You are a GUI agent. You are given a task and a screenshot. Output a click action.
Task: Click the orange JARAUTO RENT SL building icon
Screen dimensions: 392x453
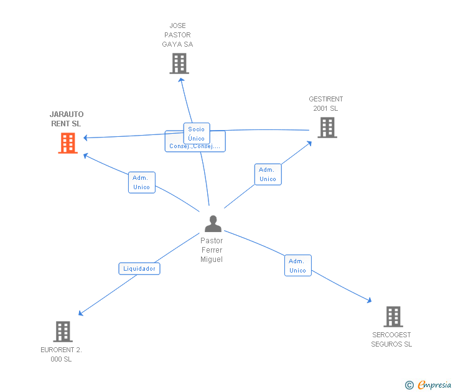pyautogui.click(x=68, y=142)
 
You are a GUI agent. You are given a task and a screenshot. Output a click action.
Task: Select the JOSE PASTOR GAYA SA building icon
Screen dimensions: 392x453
pyautogui.click(x=179, y=63)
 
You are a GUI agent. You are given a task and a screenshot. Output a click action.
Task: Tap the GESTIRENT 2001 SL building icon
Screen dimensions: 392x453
pyautogui.click(x=327, y=127)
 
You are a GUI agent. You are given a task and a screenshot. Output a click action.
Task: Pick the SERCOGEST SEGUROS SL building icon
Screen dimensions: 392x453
pyautogui.click(x=393, y=316)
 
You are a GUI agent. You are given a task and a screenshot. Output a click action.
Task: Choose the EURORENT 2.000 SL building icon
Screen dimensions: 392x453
pyautogui.click(x=63, y=331)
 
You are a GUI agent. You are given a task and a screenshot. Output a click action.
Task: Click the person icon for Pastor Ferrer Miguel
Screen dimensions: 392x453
pyautogui.click(x=213, y=223)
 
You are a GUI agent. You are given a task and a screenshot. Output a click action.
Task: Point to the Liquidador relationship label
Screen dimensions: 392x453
pyautogui.click(x=139, y=269)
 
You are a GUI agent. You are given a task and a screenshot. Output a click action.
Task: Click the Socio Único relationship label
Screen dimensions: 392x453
pyautogui.click(x=197, y=134)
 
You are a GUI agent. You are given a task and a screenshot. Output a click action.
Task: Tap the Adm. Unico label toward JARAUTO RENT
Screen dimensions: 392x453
pyautogui.click(x=142, y=182)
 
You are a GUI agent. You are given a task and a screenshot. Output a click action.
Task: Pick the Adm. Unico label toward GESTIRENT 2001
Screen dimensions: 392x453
pyautogui.click(x=268, y=174)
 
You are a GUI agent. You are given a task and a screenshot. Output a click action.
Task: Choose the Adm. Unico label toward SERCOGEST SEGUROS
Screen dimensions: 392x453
pyautogui.click(x=297, y=266)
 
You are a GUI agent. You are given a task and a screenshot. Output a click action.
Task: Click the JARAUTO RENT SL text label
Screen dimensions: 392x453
pyautogui.click(x=66, y=119)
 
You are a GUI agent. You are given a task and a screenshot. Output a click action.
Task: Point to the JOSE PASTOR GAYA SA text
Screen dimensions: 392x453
pyautogui.click(x=178, y=35)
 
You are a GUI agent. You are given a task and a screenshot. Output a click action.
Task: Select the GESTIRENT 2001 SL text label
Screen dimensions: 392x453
pyautogui.click(x=325, y=103)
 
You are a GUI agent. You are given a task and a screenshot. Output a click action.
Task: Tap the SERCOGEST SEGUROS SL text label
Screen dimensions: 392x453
pyautogui.click(x=391, y=339)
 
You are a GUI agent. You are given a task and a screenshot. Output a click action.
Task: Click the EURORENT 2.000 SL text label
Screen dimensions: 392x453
pyautogui.click(x=61, y=354)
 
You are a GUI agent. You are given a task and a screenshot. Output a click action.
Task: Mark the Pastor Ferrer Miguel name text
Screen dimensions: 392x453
pyautogui.click(x=212, y=250)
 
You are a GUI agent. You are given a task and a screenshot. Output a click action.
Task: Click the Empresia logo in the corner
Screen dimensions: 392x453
pyautogui.click(x=428, y=385)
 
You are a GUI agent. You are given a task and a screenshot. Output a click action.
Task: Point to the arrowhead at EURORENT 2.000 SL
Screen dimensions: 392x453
pyautogui.click(x=80, y=314)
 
